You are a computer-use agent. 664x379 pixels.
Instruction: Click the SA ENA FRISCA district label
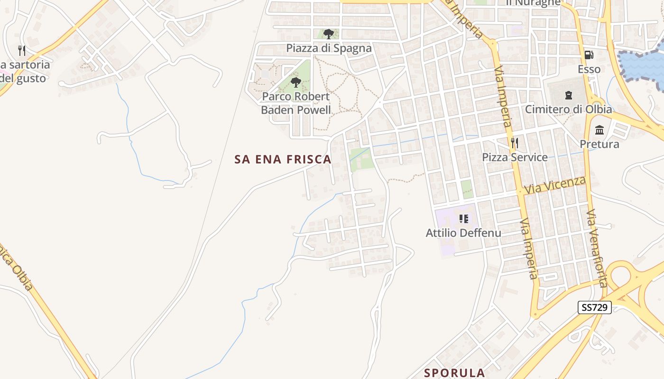(283, 159)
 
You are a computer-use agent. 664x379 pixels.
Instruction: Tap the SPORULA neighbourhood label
(454, 373)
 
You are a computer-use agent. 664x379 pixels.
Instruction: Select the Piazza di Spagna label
(329, 48)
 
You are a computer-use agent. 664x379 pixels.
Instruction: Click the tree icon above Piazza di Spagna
(328, 34)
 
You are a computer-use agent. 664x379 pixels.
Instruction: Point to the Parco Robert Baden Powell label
(296, 103)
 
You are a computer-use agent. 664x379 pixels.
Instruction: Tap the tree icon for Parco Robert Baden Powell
(296, 83)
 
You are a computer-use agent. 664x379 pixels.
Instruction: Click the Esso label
(589, 69)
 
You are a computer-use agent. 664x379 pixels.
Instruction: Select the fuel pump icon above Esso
(589, 55)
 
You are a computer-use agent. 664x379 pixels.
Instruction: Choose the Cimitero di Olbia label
(568, 109)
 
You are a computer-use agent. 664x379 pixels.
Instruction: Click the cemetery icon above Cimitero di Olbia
(568, 95)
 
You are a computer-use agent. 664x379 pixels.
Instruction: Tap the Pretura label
(599, 144)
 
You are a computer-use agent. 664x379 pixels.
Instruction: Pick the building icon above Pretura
(599, 130)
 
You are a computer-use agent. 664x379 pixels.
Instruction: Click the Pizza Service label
(515, 157)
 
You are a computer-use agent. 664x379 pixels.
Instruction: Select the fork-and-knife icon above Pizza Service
(514, 143)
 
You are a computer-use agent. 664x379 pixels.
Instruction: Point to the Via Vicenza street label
(555, 185)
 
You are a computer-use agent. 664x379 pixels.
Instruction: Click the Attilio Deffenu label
(463, 233)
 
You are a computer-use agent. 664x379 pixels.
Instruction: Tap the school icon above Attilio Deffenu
(463, 219)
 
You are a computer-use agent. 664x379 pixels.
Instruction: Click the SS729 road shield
(595, 307)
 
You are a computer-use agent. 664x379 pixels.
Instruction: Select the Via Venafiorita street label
(597, 249)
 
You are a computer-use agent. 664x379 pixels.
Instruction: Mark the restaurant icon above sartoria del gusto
(22, 50)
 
